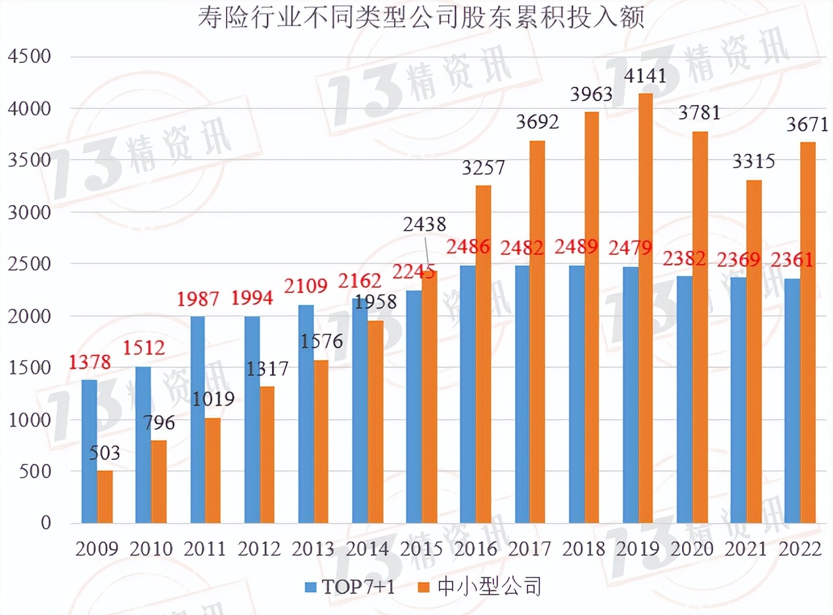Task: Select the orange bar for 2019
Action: pos(645,309)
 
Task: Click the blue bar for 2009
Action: pos(89,451)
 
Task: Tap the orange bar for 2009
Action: pos(105,497)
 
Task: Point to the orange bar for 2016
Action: pos(484,355)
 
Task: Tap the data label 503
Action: pos(104,453)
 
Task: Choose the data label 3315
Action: pos(754,162)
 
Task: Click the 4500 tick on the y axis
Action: pos(29,57)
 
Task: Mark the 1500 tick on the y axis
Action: pos(29,368)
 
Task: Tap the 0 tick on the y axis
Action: pos(45,524)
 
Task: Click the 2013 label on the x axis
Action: pos(313,549)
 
